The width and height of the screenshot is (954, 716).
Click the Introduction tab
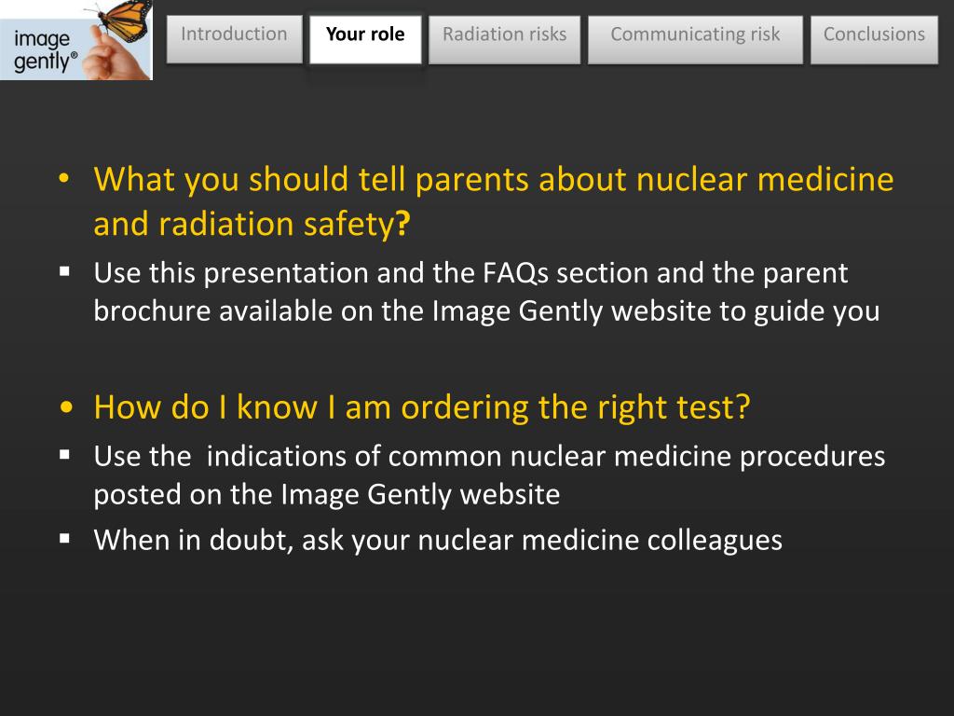(x=234, y=35)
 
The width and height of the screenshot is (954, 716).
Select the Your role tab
(x=365, y=35)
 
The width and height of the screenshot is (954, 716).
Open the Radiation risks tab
(x=504, y=35)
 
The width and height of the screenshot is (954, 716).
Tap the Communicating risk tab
(x=695, y=35)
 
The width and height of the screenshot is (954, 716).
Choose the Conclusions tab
(x=874, y=35)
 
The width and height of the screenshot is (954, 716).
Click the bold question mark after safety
(x=402, y=225)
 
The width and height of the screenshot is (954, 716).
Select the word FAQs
(x=517, y=273)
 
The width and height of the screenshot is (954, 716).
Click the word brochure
(x=152, y=310)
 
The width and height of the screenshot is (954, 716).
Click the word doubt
(x=251, y=540)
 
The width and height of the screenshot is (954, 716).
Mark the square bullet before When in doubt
(x=65, y=539)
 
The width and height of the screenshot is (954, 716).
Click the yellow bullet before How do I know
(x=65, y=408)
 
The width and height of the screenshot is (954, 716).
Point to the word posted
(x=137, y=494)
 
